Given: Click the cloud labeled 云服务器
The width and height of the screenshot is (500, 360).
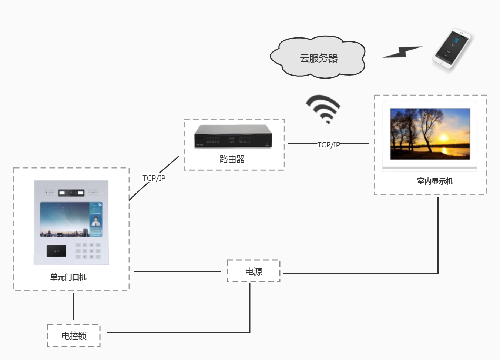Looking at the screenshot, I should pos(318,58).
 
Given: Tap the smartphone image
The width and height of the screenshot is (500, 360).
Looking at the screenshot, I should pos(452,48).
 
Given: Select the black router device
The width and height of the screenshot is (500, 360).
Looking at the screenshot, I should pos(233,137).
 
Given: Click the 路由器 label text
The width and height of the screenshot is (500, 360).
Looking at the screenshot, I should pos(232,159).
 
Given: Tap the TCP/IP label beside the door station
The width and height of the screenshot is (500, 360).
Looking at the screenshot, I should pos(154,178).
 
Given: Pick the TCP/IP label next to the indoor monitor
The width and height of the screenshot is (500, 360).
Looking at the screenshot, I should pos(329,145).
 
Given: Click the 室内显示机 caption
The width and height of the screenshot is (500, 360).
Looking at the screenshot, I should pos(435,181).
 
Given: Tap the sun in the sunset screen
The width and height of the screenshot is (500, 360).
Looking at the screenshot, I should pos(443,138).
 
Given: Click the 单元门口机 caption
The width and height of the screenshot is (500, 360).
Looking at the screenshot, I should pos(68,277).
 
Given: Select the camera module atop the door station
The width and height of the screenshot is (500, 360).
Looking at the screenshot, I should pos(71,193).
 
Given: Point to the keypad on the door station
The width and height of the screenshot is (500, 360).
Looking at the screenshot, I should pos(88,251).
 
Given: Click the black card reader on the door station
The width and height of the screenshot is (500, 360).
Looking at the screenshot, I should pos(56,251).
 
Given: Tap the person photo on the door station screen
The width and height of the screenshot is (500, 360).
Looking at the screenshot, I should pos(96,221).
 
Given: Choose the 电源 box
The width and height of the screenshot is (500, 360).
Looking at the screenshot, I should pos(254,271).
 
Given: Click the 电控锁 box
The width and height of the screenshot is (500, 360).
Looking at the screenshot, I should pos(74,336).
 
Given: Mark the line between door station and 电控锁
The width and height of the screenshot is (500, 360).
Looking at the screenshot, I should pos(73,307).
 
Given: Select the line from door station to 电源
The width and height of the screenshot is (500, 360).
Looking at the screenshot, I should pos(178,272).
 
